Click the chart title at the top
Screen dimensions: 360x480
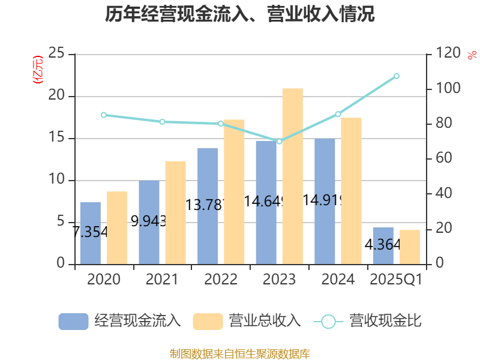point(240,14)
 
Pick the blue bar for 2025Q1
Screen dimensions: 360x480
point(383,245)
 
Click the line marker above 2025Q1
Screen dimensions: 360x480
point(397,76)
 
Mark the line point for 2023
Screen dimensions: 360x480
point(279,142)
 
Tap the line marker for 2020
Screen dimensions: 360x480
point(103,115)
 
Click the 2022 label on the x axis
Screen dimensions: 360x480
point(220,280)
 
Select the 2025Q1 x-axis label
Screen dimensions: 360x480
point(396,280)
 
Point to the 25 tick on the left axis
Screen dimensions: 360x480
point(56,54)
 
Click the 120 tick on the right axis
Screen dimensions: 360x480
point(445,54)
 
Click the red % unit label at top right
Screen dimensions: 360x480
point(472,56)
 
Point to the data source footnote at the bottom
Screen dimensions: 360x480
point(240,353)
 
